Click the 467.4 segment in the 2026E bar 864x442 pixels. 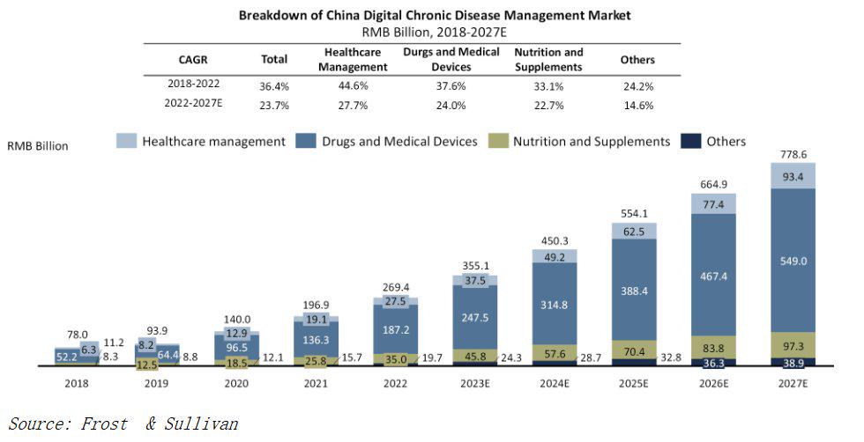click(713, 275)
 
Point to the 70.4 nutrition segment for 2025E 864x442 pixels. click(634, 349)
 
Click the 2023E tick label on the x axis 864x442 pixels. click(475, 384)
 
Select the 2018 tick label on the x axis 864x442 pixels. click(77, 384)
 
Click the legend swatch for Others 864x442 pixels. click(691, 141)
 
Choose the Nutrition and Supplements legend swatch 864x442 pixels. click(498, 141)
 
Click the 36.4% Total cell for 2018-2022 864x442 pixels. click(274, 85)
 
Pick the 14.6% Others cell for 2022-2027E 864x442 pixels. click(637, 105)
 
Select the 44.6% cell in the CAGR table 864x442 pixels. click(353, 85)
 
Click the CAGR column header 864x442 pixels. click(193, 60)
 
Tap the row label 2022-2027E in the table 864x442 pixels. click(193, 105)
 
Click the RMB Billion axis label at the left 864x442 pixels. click(37, 146)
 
